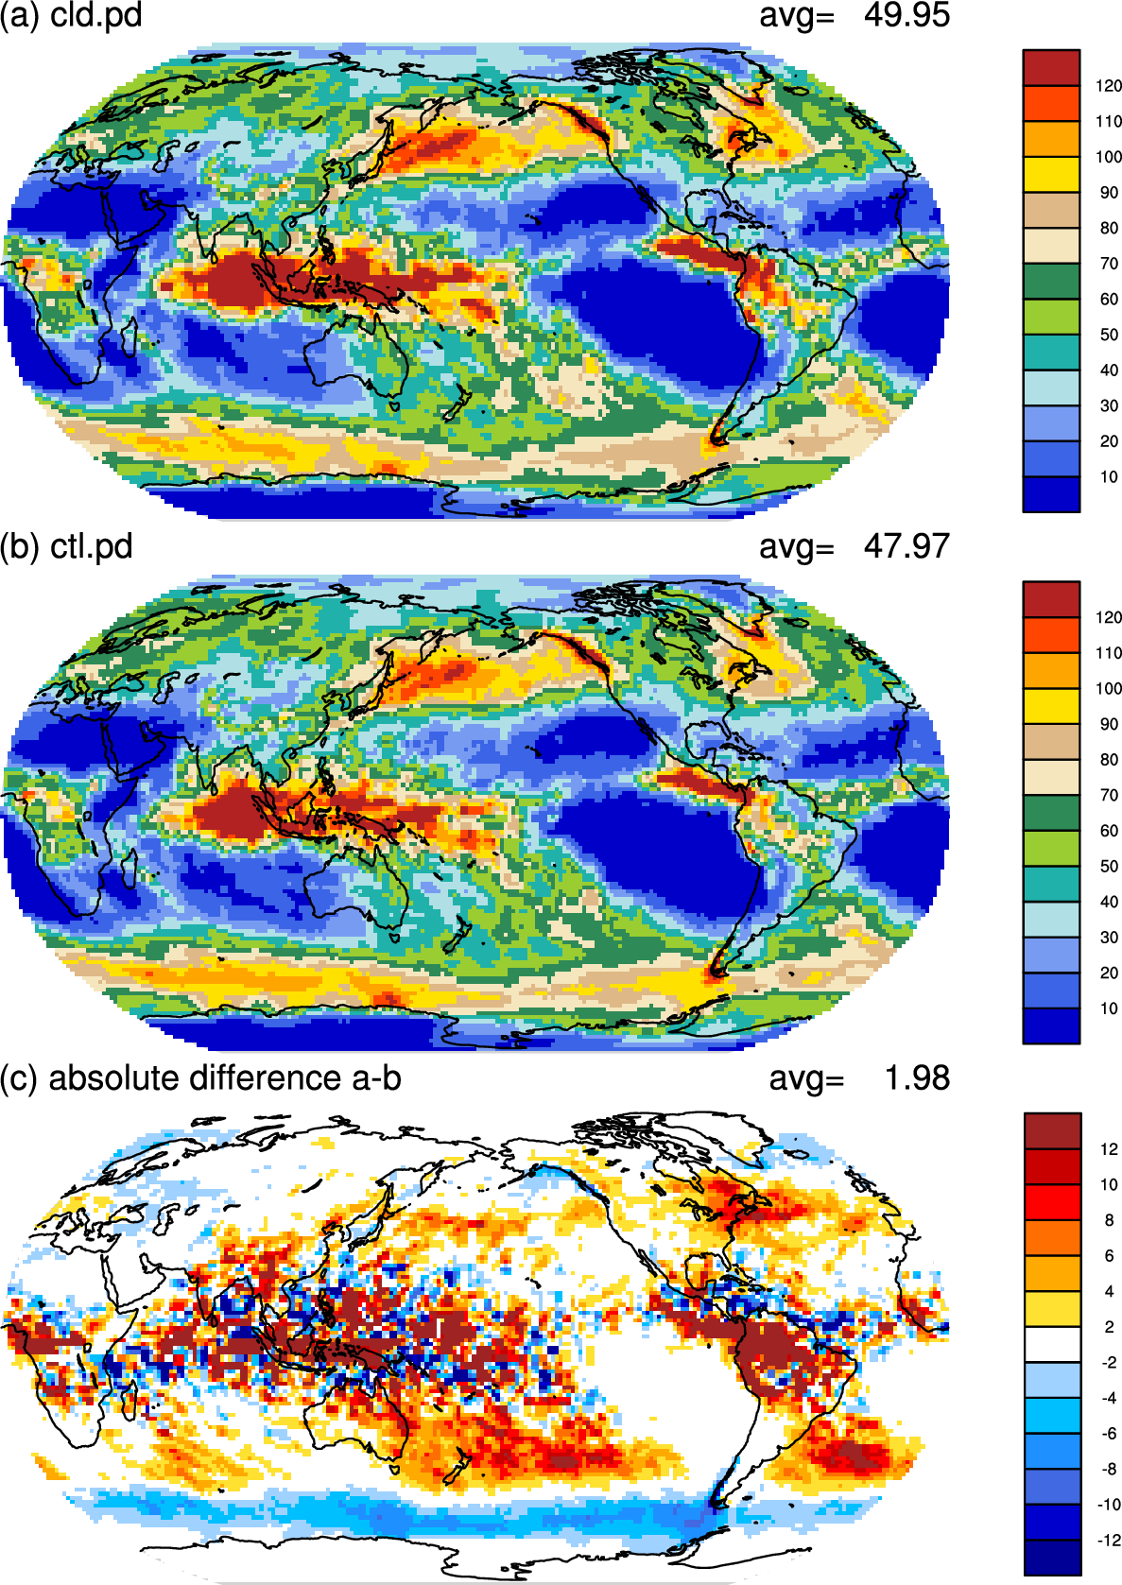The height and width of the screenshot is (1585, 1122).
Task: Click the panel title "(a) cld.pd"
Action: tap(71, 15)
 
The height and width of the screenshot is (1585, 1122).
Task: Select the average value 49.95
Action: tap(906, 15)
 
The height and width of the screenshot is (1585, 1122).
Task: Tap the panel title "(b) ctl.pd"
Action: tap(66, 546)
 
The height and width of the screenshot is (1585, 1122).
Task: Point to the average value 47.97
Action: tap(906, 546)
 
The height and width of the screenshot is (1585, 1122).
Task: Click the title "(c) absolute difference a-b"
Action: tap(200, 1078)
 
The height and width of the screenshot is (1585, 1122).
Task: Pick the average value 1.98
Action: tap(918, 1078)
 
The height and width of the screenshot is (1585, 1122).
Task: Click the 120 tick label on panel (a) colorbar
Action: tap(1109, 86)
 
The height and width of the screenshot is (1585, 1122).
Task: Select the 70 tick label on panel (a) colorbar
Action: tap(1109, 264)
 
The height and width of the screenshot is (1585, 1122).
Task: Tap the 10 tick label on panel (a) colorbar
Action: tap(1109, 477)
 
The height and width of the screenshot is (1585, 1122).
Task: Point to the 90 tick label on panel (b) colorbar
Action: tap(1109, 725)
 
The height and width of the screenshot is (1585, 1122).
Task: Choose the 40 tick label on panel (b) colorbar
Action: tap(1109, 903)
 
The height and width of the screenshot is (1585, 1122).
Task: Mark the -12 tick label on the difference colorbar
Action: tap(1107, 1540)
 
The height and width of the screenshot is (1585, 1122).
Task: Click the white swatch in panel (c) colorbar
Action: tap(1053, 1344)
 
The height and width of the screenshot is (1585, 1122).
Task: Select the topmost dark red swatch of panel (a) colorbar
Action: tap(1051, 68)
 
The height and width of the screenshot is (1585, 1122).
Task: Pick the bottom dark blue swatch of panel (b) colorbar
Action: tap(1051, 1025)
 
